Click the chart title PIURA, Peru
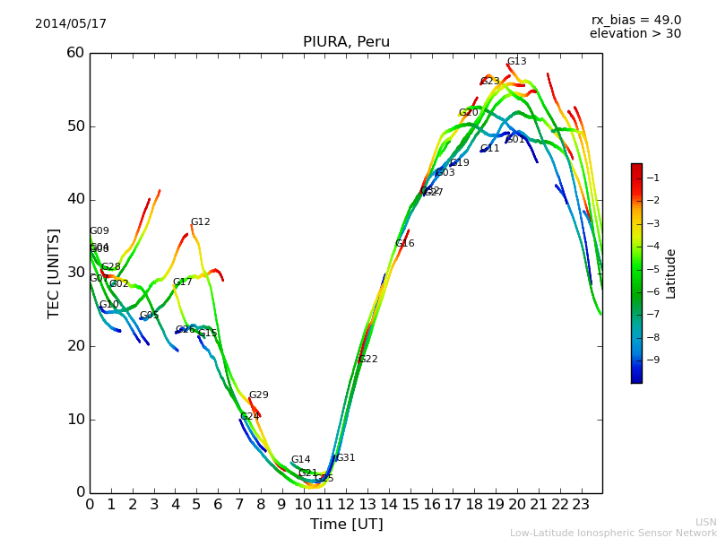pos(346,42)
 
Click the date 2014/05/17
pos(71,24)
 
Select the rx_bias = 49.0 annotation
pos(635,20)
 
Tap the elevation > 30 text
pos(635,34)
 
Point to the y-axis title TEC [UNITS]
pos(54,273)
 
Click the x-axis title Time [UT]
pos(346,525)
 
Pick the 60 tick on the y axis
pos(75,53)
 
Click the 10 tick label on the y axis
pos(75,420)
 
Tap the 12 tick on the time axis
pos(346,504)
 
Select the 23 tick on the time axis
pos(581,504)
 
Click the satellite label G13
pos(517,62)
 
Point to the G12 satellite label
pos(200,222)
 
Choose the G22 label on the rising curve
pos(367,360)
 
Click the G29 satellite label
pos(258,395)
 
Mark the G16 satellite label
pos(404,244)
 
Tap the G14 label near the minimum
pos(300,460)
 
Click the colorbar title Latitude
pos(671,273)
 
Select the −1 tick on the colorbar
pos(652,178)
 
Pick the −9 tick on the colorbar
pos(652,360)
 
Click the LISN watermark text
pos(705,522)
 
